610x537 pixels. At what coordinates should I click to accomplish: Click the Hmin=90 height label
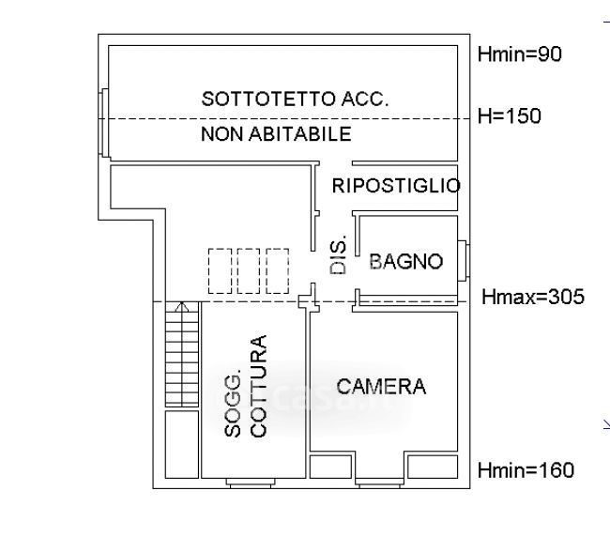519,54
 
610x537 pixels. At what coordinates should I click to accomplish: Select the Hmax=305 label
532,298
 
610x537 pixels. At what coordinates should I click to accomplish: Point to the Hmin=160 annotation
525,470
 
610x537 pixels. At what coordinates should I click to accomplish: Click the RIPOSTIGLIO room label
396,185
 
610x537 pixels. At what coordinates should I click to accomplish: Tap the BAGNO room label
405,262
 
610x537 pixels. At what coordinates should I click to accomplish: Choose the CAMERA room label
381,386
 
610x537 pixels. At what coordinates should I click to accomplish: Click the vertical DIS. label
339,254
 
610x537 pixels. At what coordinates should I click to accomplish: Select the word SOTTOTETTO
261,99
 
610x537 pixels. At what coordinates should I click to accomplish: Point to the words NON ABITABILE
276,134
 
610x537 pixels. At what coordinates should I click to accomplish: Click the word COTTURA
259,386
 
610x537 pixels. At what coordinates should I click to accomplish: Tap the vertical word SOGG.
234,404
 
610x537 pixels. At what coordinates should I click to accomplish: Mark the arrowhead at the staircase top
182,306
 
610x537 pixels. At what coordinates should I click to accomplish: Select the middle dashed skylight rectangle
249,270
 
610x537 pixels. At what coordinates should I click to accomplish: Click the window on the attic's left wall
104,124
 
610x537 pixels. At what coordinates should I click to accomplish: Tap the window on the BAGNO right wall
465,261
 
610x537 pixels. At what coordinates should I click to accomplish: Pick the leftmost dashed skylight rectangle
220,270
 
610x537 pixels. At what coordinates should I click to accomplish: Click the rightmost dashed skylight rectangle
278,270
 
